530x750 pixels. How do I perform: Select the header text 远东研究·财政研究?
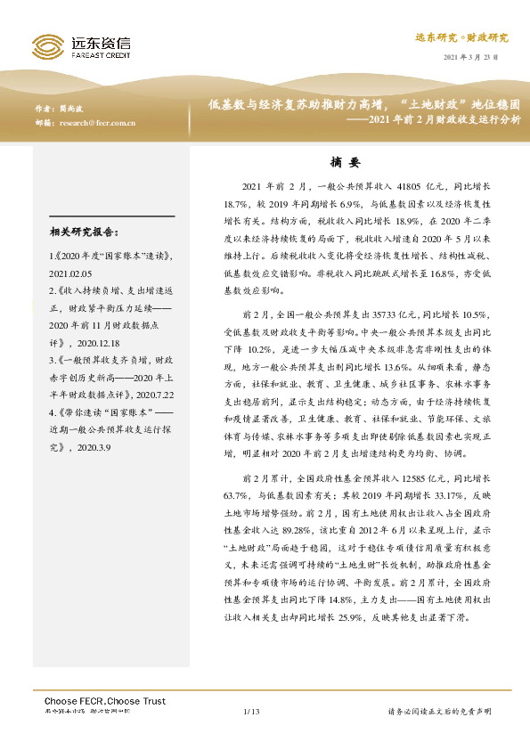[x=462, y=37]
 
